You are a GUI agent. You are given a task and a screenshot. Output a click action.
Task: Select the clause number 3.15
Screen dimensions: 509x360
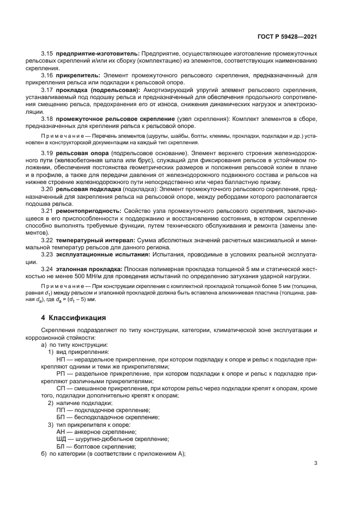coord(48,53)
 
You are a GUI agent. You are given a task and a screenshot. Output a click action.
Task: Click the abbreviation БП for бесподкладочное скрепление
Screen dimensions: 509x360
coord(61,416)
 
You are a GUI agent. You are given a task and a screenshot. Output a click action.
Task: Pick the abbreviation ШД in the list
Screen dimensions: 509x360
coord(62,438)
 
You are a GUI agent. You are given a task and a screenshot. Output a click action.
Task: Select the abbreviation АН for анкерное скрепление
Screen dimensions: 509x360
coord(61,431)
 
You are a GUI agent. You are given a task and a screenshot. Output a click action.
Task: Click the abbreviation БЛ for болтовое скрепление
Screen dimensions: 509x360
coord(61,445)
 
